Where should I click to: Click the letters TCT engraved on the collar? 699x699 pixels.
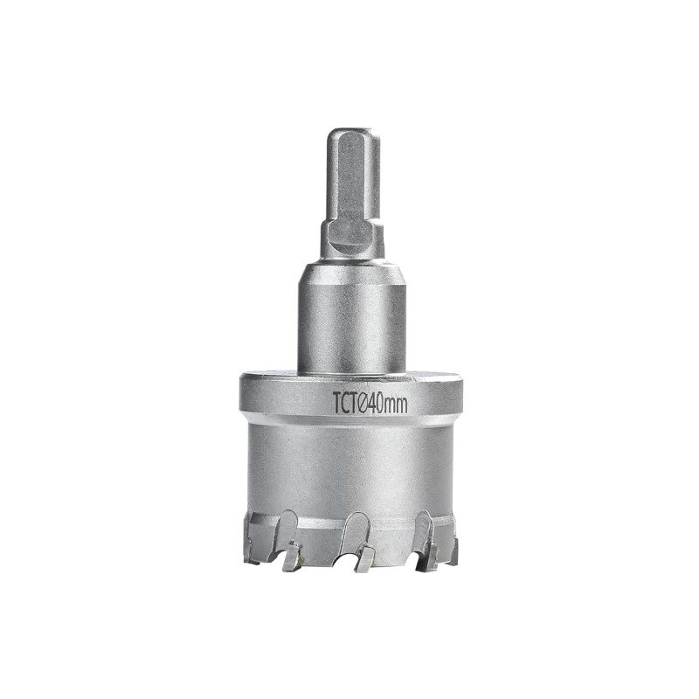pos(346,403)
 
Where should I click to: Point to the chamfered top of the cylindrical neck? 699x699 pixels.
pos(351,268)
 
